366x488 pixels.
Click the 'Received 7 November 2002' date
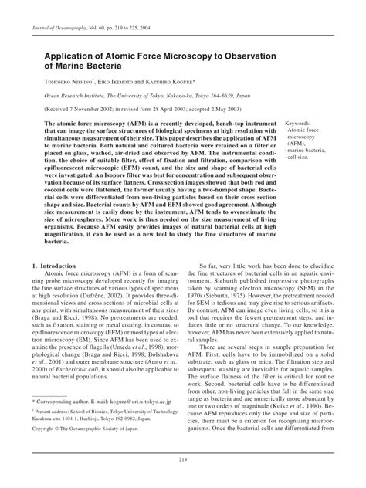[81, 108]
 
